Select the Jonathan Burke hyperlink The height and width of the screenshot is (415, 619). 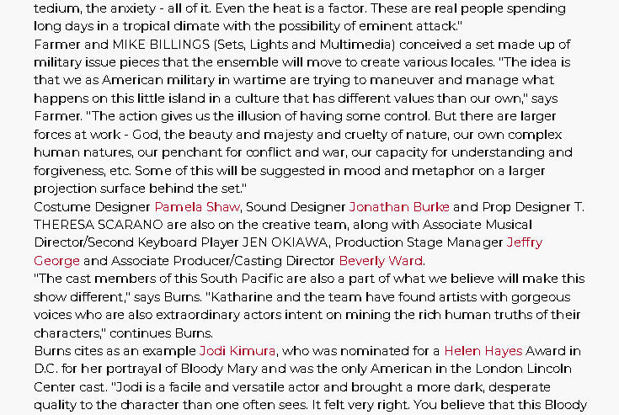click(x=399, y=207)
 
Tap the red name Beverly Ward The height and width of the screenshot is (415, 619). click(x=382, y=261)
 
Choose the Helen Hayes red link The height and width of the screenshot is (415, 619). click(x=483, y=351)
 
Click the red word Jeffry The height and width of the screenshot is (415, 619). click(x=524, y=242)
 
